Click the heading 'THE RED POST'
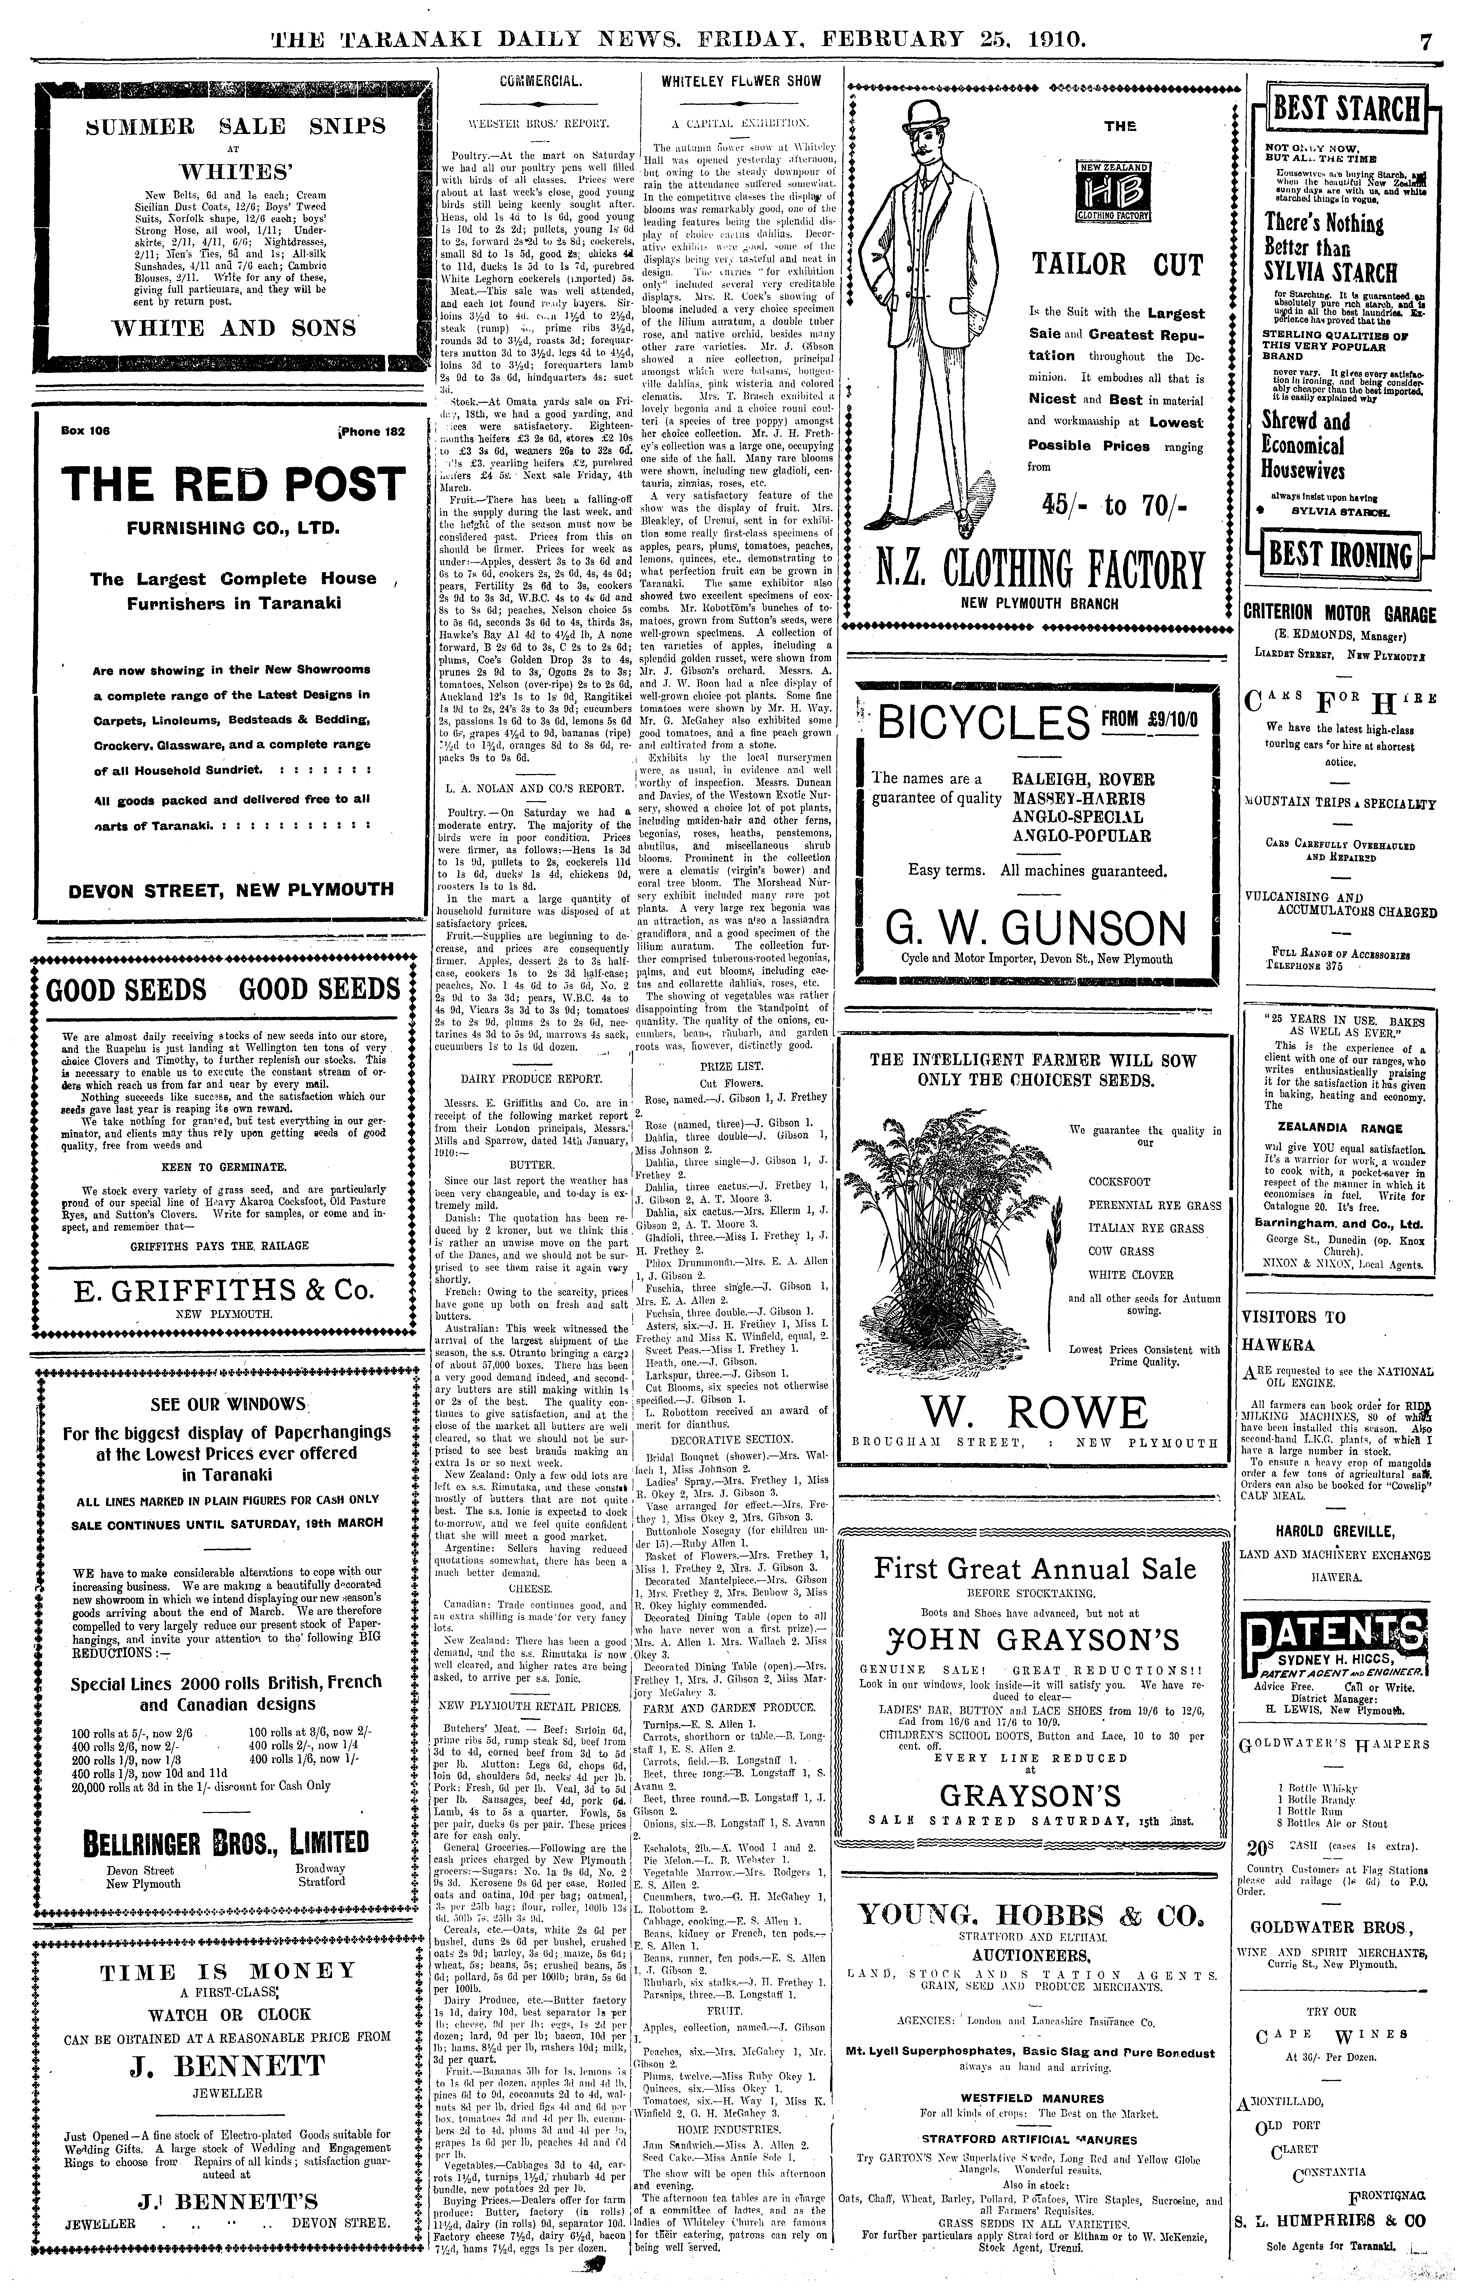pyautogui.click(x=233, y=483)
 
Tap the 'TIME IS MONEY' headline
pyautogui.click(x=228, y=1971)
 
